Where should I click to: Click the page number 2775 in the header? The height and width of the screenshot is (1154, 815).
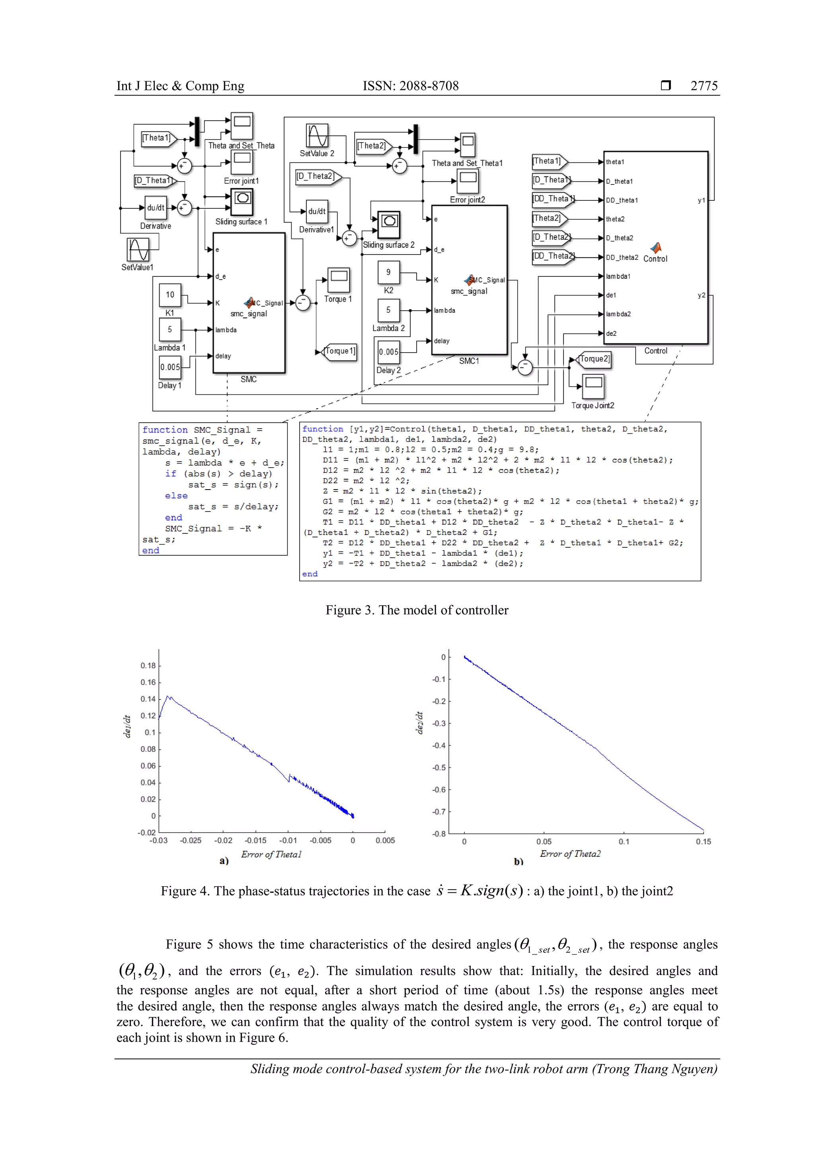pos(704,86)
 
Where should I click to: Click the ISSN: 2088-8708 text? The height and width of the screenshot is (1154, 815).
pos(410,86)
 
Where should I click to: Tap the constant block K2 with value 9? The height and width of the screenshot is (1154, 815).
pos(388,272)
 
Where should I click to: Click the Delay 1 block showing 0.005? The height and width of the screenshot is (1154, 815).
pos(170,367)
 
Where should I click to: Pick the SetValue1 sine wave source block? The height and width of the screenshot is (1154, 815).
pos(138,250)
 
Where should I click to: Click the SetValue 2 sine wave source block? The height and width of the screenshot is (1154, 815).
pos(317,136)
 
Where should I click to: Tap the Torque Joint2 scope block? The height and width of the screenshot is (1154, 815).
pos(593,386)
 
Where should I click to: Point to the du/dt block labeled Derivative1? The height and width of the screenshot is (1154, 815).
pos(316,212)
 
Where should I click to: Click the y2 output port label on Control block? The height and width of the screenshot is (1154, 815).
pos(701,296)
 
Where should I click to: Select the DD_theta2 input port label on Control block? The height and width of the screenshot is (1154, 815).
pos(622,257)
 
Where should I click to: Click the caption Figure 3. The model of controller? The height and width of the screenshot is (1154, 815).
pos(416,610)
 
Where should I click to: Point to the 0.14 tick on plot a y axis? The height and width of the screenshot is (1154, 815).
pos(148,699)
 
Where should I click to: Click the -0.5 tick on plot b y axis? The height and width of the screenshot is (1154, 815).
pos(439,768)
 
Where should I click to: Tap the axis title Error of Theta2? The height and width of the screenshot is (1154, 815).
pos(570,854)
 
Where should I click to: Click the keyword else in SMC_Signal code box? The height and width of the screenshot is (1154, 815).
pos(176,496)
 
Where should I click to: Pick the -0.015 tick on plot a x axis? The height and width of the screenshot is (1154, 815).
pos(255,841)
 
